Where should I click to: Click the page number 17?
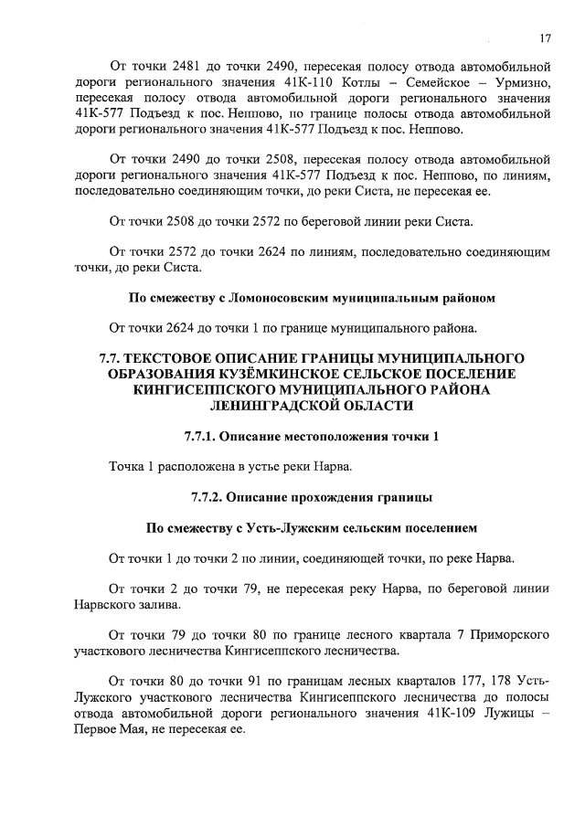(545, 37)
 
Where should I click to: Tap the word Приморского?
(508, 634)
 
